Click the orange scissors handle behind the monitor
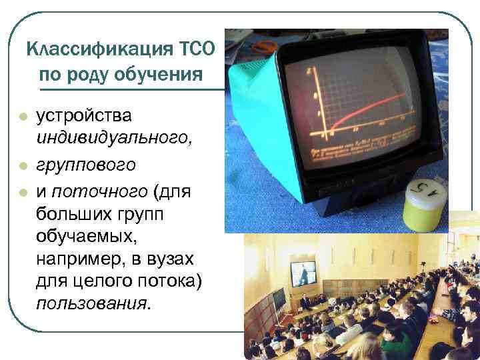coord(263,46)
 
